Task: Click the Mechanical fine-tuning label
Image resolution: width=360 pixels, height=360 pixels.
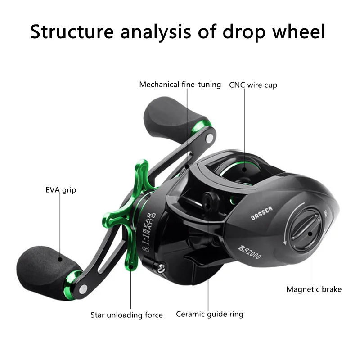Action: click(180, 85)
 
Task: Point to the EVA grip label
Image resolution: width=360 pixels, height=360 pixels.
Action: click(61, 190)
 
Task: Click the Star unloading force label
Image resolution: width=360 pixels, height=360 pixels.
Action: click(126, 315)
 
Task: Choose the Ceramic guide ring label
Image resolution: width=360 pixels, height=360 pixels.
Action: click(209, 314)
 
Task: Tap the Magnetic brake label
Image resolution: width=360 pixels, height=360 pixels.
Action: click(314, 289)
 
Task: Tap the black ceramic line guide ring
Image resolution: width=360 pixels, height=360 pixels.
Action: click(208, 200)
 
